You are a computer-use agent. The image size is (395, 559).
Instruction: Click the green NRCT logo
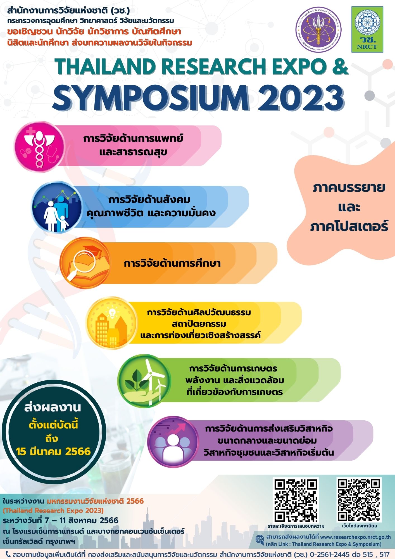coord(367,30)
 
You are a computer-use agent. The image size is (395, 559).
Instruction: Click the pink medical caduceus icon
coord(39,147)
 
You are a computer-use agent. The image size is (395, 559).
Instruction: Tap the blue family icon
coord(57,207)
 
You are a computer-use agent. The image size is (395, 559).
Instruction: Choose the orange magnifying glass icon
coord(85,263)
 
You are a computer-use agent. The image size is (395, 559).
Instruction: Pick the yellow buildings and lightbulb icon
coord(111,323)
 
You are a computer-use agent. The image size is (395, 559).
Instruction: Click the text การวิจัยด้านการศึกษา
coord(172,263)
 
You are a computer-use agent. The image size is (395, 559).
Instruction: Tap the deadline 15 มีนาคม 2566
coord(53,451)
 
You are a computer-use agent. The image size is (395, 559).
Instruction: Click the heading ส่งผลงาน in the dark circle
coord(53,407)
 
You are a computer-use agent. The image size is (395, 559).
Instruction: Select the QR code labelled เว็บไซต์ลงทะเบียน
coord(359,499)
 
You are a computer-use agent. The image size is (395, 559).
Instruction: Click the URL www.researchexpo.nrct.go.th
coord(355,537)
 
